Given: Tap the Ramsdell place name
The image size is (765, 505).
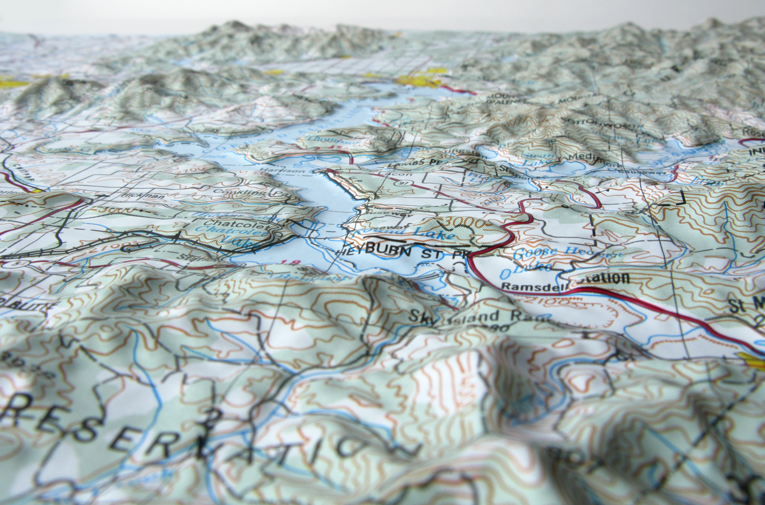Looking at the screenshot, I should pos(527,287).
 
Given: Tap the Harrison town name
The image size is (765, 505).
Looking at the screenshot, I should pos(297,171).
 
